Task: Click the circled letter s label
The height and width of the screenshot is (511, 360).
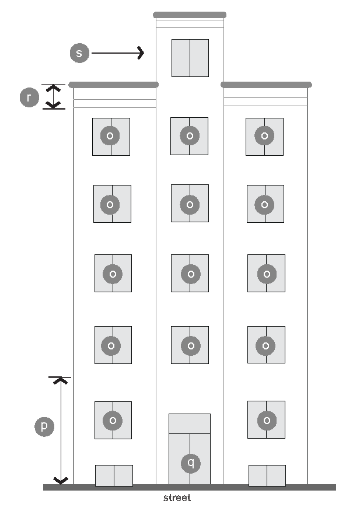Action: tap(79, 53)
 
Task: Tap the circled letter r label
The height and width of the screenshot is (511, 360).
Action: tap(29, 97)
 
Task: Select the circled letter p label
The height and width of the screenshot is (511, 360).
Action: tap(44, 426)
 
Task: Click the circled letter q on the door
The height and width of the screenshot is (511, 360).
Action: tap(190, 463)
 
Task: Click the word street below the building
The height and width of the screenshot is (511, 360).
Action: tap(177, 498)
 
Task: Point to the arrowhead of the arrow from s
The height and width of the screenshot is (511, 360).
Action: tap(140, 53)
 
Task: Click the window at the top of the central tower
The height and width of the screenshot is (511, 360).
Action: tap(190, 58)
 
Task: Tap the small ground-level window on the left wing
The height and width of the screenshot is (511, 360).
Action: tap(114, 475)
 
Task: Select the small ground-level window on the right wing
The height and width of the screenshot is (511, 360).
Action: tap(267, 475)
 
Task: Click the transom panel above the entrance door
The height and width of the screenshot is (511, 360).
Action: tap(190, 423)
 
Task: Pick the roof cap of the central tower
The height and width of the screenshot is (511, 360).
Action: tap(190, 15)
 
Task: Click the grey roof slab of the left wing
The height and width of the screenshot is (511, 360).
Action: tap(114, 85)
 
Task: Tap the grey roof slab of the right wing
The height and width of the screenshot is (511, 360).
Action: tap(266, 85)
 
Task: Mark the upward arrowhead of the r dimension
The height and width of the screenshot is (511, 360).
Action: tap(54, 89)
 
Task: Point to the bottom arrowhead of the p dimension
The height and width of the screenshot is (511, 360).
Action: tap(61, 481)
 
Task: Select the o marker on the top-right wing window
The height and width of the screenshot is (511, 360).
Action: tap(264, 136)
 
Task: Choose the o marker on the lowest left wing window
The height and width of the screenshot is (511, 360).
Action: tap(113, 420)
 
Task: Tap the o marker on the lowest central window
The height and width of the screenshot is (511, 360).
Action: tap(190, 345)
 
